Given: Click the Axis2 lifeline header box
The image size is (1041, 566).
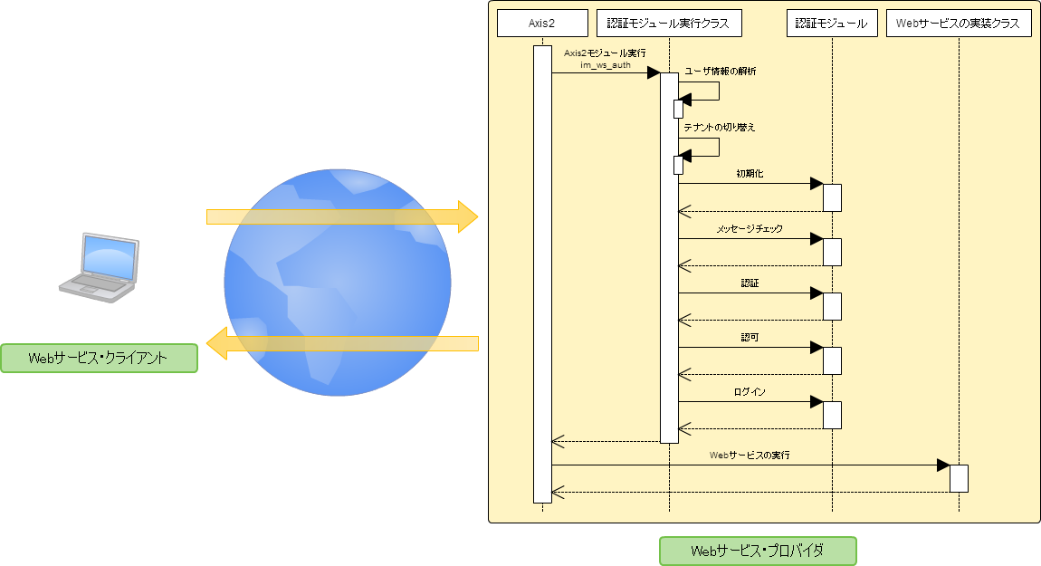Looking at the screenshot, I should click(542, 24).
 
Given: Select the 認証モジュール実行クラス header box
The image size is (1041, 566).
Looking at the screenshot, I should click(669, 24).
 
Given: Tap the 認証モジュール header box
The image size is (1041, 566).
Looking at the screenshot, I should click(832, 24).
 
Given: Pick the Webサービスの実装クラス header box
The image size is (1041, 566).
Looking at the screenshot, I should click(959, 24).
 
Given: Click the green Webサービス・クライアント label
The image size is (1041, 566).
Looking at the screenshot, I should click(99, 358).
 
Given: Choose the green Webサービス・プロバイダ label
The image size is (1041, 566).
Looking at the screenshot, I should click(758, 551).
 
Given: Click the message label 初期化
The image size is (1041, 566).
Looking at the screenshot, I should click(750, 173).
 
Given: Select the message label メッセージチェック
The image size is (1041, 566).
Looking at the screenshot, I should click(750, 228).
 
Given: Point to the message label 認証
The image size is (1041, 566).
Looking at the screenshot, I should click(750, 283).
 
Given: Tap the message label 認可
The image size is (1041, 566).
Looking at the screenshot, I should click(750, 337).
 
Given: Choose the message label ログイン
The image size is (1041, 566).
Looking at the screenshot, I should click(750, 392).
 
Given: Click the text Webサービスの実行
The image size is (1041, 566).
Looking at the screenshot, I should click(750, 456).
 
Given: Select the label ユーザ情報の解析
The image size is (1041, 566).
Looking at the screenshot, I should click(721, 71).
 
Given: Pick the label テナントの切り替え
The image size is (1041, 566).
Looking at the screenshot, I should click(720, 128).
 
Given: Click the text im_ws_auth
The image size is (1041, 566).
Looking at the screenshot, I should click(605, 65).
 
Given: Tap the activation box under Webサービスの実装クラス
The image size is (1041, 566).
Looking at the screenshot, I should click(959, 478).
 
